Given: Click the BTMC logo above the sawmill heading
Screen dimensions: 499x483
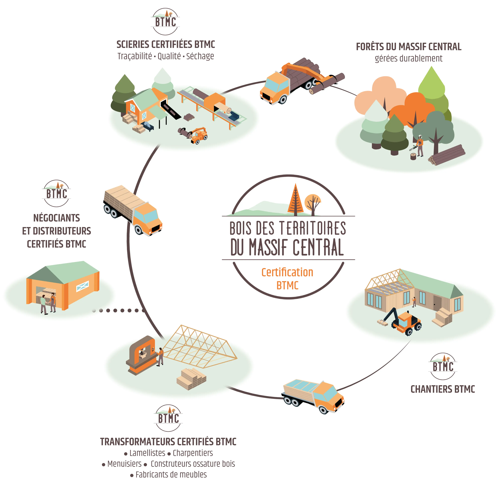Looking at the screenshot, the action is (x=166, y=21).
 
